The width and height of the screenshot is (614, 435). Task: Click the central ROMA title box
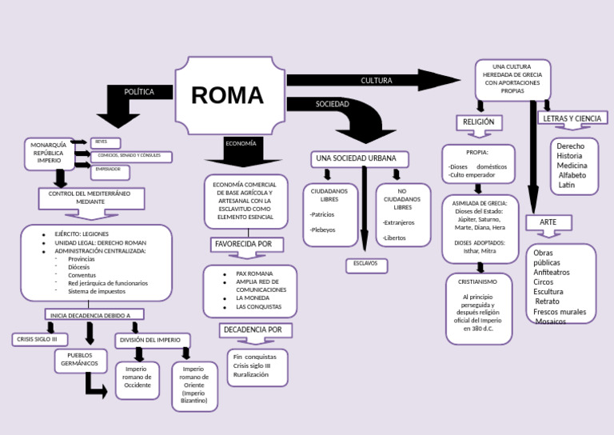click(229, 95)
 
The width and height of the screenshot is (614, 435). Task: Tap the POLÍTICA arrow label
click(139, 92)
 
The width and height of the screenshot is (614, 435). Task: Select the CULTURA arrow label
click(376, 81)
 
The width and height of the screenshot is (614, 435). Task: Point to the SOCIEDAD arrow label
click(332, 105)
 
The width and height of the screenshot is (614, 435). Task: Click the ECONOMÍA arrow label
click(241, 143)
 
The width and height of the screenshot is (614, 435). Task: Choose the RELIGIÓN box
click(479, 122)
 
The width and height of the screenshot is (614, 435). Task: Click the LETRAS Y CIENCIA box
click(572, 118)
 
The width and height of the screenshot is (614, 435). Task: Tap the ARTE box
click(548, 221)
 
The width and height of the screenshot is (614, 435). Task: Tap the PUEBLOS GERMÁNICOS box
click(80, 359)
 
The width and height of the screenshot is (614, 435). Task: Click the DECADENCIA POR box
click(252, 329)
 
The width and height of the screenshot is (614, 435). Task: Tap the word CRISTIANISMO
click(477, 282)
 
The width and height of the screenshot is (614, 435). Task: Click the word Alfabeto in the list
click(572, 175)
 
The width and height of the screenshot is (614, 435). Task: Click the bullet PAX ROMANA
click(254, 273)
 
